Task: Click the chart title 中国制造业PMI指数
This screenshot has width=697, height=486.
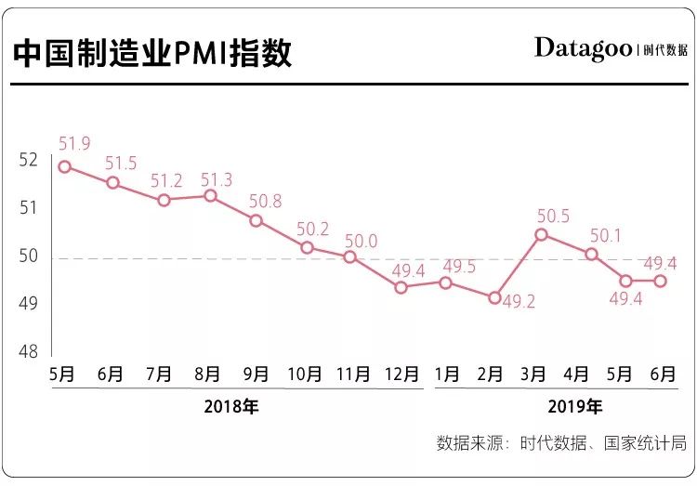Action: pos(152,53)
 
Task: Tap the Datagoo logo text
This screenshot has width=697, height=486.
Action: pos(583,48)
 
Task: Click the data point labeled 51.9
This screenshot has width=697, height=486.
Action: pos(64,166)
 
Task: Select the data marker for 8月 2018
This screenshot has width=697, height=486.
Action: pos(210,196)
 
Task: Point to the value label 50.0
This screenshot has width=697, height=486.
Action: pos(362,241)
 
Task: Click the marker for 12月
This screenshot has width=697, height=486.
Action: pos(401,287)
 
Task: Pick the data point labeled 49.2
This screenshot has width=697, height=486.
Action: pos(495,297)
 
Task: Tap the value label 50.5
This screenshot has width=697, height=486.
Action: pos(553,216)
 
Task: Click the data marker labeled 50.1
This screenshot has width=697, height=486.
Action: pos(591,254)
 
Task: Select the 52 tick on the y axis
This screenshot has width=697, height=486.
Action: pos(28,160)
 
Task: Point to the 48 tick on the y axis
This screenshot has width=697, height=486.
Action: pos(28,352)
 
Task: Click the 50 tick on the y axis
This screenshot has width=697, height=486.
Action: pos(28,256)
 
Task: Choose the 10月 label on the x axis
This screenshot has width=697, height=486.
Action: pos(304,374)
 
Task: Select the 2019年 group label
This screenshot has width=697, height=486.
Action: pos(576,406)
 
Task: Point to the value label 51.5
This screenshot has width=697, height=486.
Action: pos(121,164)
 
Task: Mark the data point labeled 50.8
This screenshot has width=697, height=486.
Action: pos(256,220)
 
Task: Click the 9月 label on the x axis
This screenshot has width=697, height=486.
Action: pos(256,374)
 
